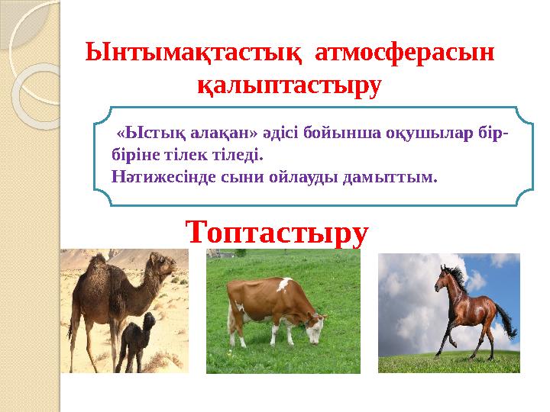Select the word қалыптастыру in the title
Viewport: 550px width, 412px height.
[x=288, y=85]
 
